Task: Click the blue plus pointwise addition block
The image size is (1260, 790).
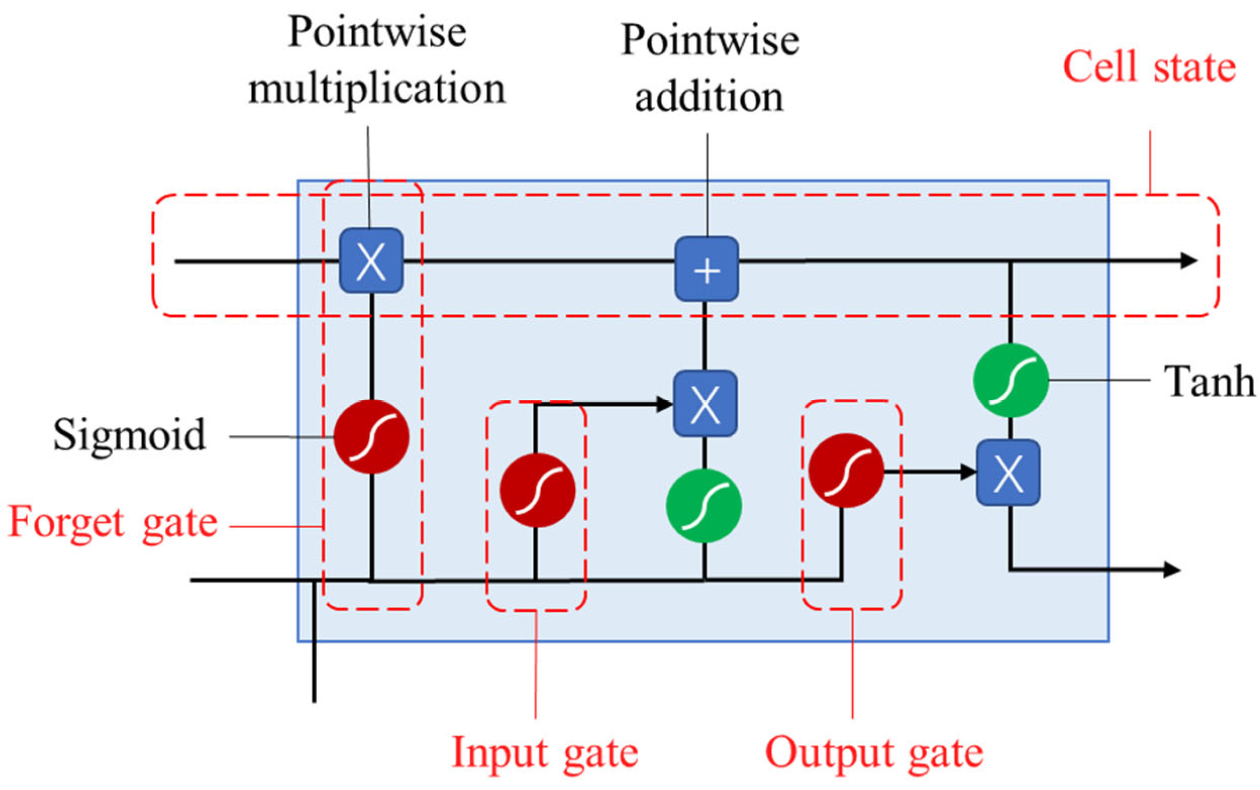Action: coord(706,269)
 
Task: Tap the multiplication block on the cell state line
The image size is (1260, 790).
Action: coord(371,261)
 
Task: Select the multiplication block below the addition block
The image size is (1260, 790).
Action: coord(705,404)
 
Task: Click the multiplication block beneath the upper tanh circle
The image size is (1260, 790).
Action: coord(1008,473)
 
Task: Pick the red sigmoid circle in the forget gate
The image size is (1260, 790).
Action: coord(371,437)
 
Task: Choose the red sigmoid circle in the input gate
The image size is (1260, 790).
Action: coord(537,491)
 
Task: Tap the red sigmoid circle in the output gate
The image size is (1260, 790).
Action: coord(846,471)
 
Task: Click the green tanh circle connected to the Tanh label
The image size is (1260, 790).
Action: coord(1010,381)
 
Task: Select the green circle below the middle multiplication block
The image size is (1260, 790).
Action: coord(704,506)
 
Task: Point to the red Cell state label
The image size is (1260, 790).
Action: coord(1149,68)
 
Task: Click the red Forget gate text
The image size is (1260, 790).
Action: coord(113,522)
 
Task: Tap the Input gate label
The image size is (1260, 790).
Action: coord(545,752)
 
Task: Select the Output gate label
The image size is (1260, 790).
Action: coord(874,752)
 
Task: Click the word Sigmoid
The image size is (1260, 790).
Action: coord(129,435)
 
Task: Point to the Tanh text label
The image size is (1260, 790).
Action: coord(1208,382)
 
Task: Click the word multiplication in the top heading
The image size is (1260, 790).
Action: coord(377,89)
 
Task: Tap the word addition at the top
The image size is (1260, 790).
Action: coord(708,97)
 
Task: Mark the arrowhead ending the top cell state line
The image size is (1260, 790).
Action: coord(1189,261)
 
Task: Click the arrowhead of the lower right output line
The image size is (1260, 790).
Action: coord(1172,569)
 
